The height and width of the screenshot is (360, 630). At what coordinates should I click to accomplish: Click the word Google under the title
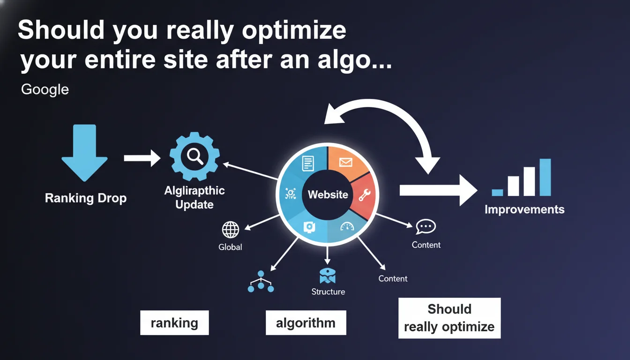[45, 89]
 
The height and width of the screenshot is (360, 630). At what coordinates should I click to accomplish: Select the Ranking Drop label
[86, 198]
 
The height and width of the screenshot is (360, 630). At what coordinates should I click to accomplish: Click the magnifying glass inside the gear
[194, 156]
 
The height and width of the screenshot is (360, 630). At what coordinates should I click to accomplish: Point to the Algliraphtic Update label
[195, 197]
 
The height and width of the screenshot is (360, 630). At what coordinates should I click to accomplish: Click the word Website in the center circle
[328, 195]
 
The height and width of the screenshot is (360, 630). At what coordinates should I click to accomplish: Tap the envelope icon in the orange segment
[346, 163]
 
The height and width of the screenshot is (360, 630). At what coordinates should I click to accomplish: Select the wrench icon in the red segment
[364, 195]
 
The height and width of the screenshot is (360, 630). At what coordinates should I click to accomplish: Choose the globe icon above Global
[230, 230]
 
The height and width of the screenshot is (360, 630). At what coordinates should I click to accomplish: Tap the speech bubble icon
[426, 227]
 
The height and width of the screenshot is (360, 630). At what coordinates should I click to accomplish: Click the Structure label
[328, 292]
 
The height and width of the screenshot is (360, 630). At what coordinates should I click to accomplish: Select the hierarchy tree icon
[261, 282]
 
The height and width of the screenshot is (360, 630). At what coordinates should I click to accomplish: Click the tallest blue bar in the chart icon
[545, 177]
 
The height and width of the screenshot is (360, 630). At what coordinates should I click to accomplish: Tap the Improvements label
[524, 210]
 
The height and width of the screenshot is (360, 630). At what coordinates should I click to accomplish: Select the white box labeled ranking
[174, 322]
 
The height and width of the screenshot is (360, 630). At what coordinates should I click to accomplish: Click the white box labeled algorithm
[306, 322]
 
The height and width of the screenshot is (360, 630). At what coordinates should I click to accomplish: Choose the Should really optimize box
[449, 318]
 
